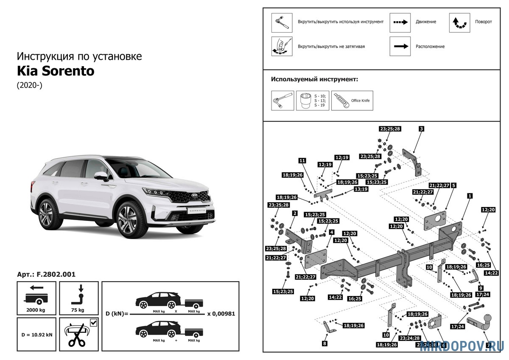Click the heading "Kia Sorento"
56,71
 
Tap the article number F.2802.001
46,274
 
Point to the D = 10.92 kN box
36,334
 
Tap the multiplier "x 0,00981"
221,314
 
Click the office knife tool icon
352,100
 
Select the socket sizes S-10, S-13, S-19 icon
313,100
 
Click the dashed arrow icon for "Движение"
400,22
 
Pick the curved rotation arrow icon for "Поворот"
459,22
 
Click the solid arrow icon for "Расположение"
400,46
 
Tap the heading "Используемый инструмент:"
314,79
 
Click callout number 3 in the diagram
422,128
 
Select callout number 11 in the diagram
302,160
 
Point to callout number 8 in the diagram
324,343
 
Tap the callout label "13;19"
361,189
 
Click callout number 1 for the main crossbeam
470,196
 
